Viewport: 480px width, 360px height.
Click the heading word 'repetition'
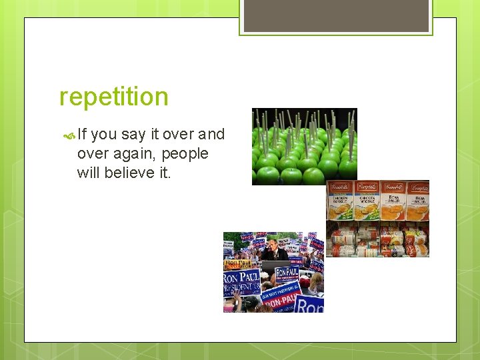click(x=114, y=97)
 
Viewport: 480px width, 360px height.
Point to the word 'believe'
click(x=137, y=173)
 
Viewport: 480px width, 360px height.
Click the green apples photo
click(x=304, y=146)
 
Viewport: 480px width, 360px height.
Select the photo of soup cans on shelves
click(x=377, y=218)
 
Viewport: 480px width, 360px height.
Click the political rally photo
click(x=273, y=272)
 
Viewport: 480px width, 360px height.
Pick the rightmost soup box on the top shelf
click(x=417, y=200)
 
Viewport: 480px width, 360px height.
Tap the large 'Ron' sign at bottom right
click(x=309, y=303)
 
